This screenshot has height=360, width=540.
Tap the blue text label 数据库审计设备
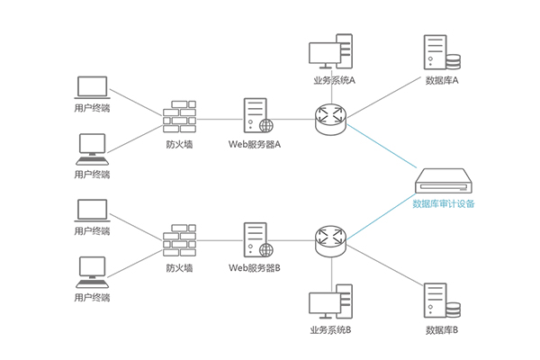(444, 203)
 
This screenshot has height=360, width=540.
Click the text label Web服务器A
(255, 143)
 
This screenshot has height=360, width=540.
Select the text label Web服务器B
(255, 267)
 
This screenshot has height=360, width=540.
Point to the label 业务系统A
(334, 80)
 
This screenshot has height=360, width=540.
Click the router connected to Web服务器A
(329, 116)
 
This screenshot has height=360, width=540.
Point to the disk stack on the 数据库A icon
(453, 61)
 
